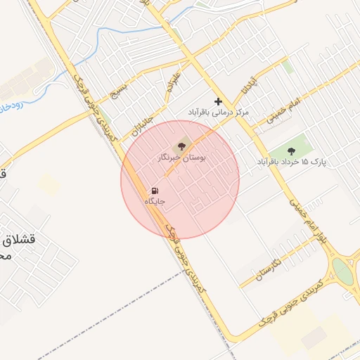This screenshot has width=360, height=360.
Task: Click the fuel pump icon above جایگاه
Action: (154, 191)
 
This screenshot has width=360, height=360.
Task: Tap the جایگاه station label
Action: (154, 202)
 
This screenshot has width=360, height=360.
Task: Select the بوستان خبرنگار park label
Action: (182, 159)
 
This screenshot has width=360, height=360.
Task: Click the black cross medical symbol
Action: (218, 101)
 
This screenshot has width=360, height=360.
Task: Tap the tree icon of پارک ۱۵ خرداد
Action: (291, 150)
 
